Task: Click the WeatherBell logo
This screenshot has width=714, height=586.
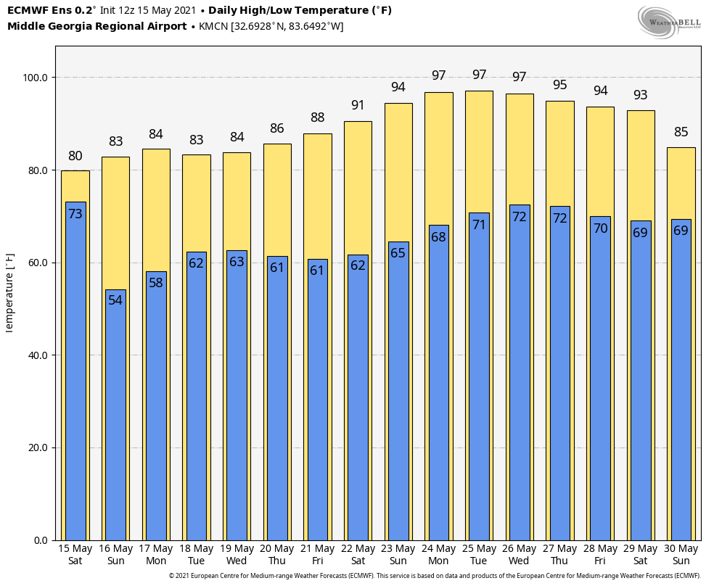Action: pos(670,22)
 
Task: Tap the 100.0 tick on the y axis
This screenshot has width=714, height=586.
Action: pos(36,78)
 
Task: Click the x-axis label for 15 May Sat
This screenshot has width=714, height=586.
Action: pos(75,555)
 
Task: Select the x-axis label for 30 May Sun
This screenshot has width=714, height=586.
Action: pos(681,555)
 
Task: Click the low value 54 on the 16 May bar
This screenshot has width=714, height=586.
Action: pos(115,300)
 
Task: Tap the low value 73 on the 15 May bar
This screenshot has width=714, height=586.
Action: pos(75,213)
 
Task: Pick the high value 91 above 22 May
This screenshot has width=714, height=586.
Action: pos(358,105)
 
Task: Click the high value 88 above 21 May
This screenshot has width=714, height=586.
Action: pos(317,117)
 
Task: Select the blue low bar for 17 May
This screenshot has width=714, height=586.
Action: pos(156,406)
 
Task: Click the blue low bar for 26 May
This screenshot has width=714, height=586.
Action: pos(520,373)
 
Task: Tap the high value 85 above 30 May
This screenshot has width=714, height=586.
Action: pos(681,132)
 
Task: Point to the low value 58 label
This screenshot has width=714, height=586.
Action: pos(156,283)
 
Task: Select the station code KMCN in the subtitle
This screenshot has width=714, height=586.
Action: pos(213,26)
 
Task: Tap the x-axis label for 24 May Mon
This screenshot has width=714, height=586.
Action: pos(438,555)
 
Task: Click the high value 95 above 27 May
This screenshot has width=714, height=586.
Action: pos(560,85)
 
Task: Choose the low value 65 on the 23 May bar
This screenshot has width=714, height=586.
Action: pos(398,253)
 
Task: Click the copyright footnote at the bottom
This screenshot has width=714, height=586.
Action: pos(435,576)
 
